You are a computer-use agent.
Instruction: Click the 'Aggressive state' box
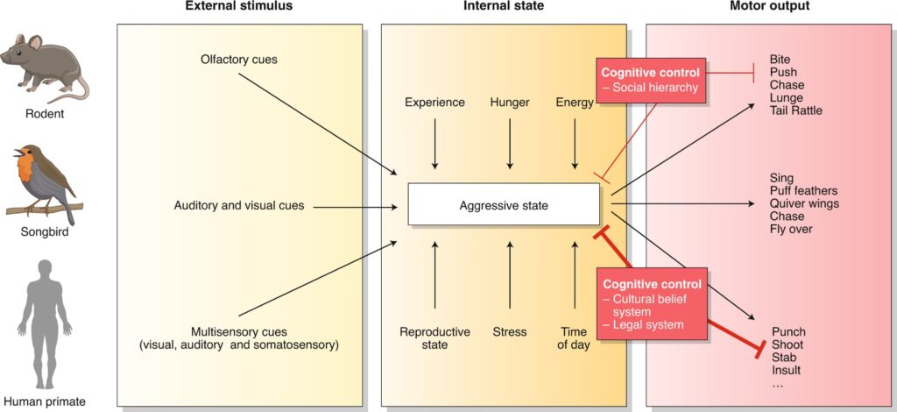pos(504,206)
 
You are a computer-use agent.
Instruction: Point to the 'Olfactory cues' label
pos(238,60)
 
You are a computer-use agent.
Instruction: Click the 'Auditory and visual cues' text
pos(239,206)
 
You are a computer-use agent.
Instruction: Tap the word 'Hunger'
pos(510,103)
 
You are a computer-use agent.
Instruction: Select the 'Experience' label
pos(434,103)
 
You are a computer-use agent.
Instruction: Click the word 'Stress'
pos(510,332)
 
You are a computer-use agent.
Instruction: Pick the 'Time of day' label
pos(575,338)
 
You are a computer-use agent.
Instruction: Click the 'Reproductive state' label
pos(434,338)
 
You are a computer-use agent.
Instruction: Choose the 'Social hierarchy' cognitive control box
pos(649,80)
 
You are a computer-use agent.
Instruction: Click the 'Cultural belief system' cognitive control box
pos(650,303)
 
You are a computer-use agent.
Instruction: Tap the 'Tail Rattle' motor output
pos(796,110)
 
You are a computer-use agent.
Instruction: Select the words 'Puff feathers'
pos(803,191)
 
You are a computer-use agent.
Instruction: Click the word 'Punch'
pos(788,332)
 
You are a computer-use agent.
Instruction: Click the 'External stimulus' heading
pos(238,7)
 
